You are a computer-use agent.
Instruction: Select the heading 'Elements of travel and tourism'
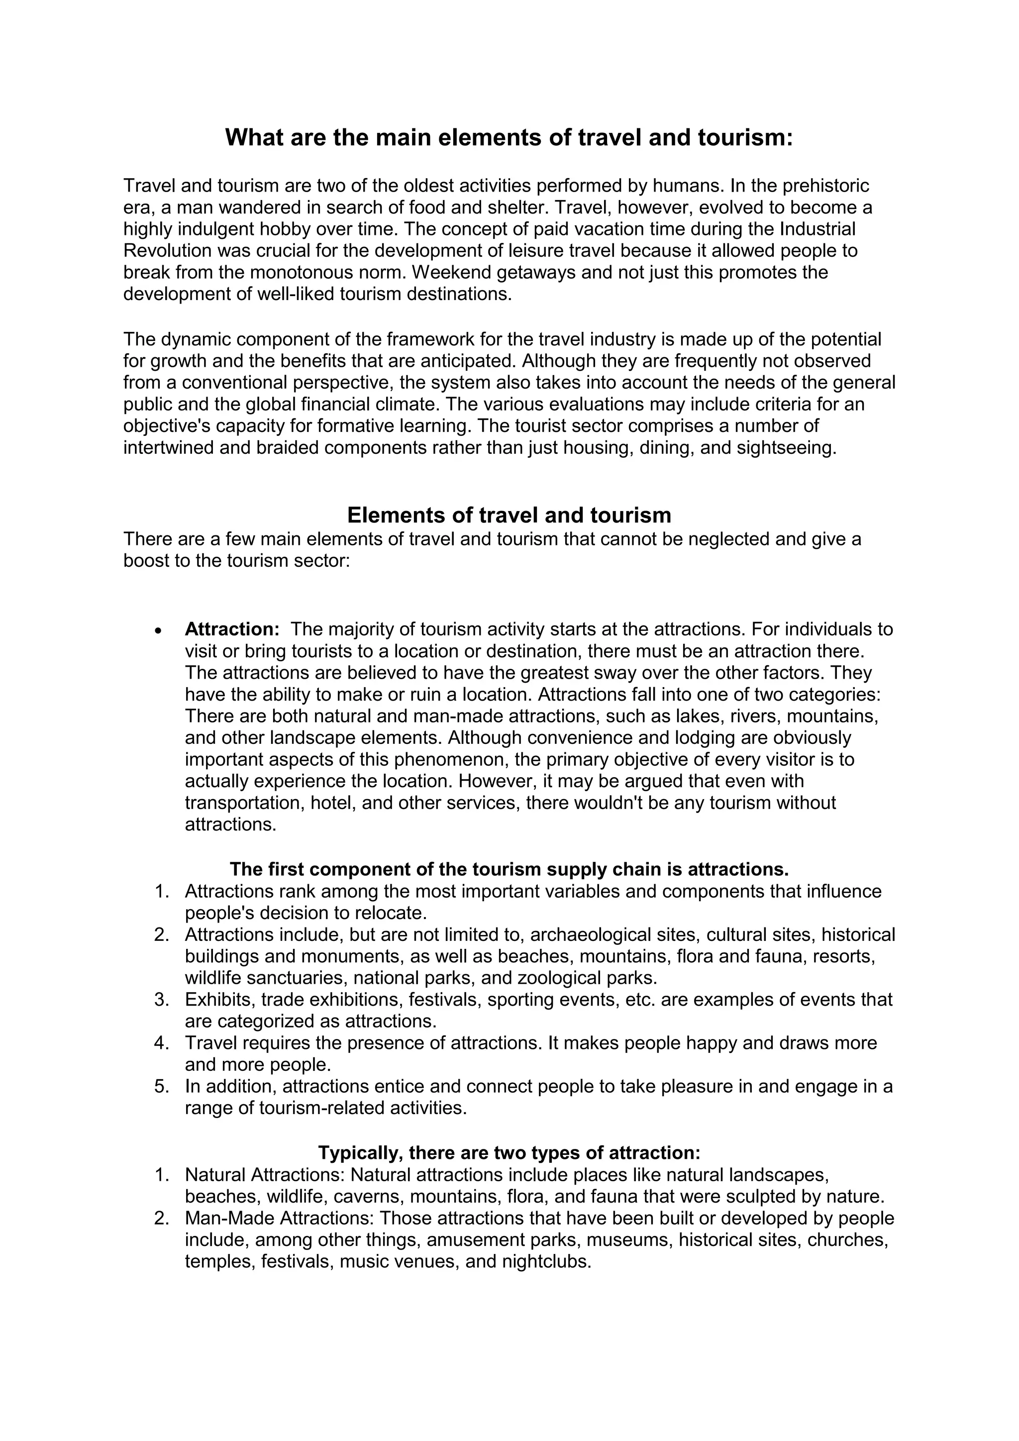pyautogui.click(x=509, y=515)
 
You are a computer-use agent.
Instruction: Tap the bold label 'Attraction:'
pyautogui.click(x=231, y=629)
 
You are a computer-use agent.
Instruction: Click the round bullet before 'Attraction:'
pyautogui.click(x=159, y=630)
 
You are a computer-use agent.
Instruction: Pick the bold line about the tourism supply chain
pyautogui.click(x=509, y=869)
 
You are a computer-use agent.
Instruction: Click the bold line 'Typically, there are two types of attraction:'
pyautogui.click(x=509, y=1153)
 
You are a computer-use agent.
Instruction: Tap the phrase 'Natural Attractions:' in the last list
pyautogui.click(x=265, y=1174)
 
